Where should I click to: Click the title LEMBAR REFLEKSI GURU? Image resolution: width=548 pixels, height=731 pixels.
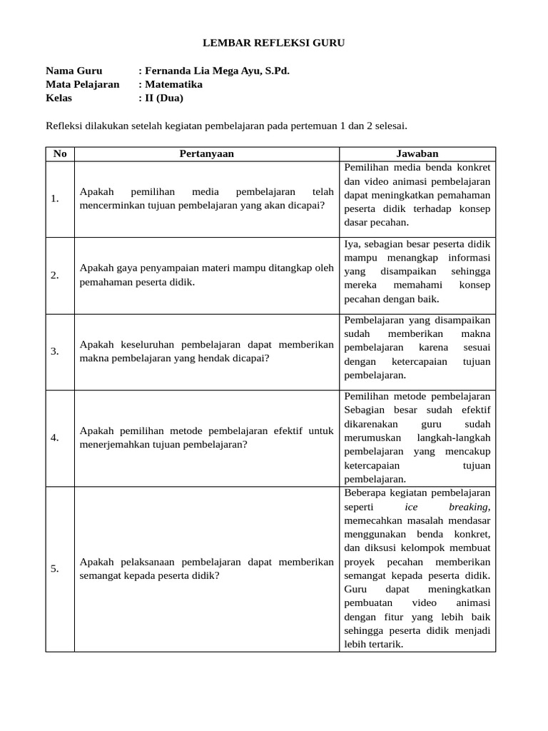coord(274,43)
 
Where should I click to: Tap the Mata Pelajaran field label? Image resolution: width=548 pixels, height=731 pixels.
coord(82,84)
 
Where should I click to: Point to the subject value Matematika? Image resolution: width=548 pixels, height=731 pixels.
coord(173,84)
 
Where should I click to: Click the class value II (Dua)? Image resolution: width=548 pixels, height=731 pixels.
coord(163,98)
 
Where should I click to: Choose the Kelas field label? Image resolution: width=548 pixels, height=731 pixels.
coord(59,98)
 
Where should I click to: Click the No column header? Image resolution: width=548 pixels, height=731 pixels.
coord(60,153)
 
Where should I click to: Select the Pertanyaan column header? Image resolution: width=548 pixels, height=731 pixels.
coord(206,153)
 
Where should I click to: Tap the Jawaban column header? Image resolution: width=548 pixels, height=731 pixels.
coord(417,153)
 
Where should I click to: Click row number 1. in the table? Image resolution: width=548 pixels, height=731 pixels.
coord(55,198)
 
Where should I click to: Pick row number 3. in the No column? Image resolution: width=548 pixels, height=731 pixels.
coord(55,351)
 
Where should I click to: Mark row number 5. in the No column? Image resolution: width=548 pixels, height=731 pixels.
coord(55,568)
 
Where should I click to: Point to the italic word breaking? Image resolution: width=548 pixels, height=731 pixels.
coord(470,507)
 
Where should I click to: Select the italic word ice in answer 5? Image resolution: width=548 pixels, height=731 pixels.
coord(411,507)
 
